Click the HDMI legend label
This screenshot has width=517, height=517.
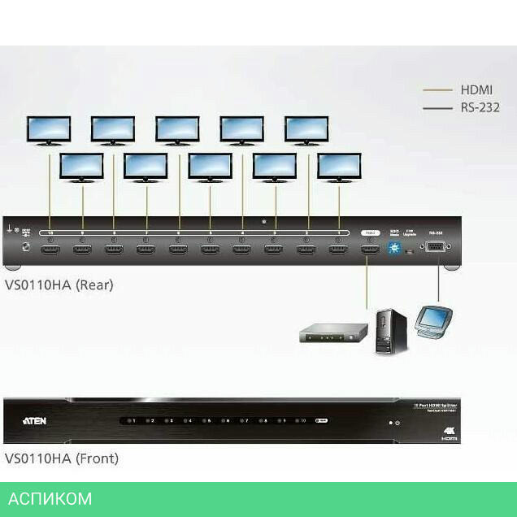[476, 90]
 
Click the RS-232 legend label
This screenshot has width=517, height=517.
[480, 107]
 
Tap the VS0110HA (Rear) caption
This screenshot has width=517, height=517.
[59, 285]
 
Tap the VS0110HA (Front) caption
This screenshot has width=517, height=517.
[62, 458]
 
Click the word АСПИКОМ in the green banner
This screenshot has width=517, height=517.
[50, 498]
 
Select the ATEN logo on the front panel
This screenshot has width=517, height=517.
[40, 421]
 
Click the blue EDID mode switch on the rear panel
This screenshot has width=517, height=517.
[395, 249]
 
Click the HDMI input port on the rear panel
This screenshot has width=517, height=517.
[370, 250]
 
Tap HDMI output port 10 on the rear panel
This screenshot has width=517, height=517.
[50, 250]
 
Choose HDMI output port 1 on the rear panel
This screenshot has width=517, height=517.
[338, 250]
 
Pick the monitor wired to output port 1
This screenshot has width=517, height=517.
[339, 166]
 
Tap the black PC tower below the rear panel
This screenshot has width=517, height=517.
[389, 330]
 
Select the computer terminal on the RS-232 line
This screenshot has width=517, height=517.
[432, 320]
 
